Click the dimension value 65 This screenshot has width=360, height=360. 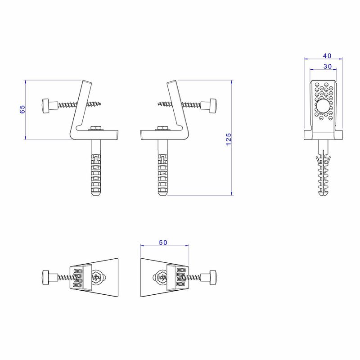point(22,109)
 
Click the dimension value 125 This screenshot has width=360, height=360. point(229,139)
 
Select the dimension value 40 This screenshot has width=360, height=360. point(327,56)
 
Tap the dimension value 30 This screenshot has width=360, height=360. point(328,66)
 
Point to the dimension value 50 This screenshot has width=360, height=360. point(163,243)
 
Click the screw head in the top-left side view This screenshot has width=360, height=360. point(45,106)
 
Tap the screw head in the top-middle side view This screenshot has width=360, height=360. point(213,106)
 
